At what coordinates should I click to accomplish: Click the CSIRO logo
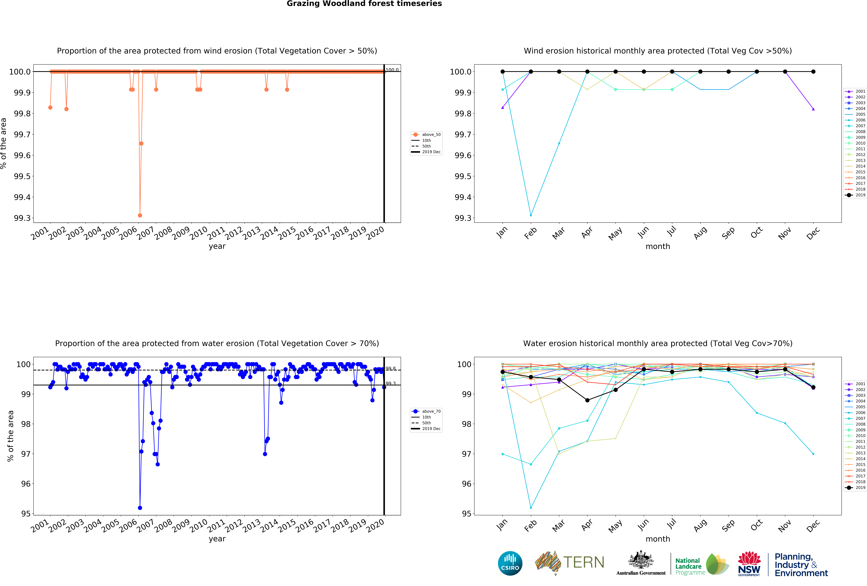point(510,563)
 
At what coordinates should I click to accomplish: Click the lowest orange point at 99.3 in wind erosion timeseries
point(140,215)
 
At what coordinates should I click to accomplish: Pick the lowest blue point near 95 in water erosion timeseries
point(140,508)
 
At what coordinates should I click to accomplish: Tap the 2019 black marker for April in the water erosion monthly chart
point(587,400)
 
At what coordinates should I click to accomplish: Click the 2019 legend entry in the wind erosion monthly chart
point(855,195)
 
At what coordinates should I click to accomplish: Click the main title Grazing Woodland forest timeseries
point(364,4)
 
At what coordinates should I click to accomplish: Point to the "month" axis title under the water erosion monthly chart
point(658,539)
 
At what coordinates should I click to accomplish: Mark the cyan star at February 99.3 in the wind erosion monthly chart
point(531,215)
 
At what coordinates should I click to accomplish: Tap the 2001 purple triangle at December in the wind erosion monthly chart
point(813,109)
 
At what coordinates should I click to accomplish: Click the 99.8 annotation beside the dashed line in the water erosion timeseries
point(391,369)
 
